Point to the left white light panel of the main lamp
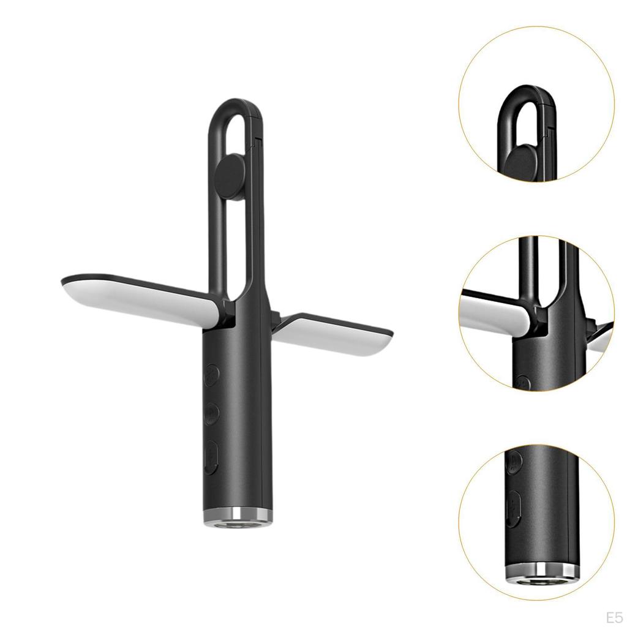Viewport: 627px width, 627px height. [x=140, y=297]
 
